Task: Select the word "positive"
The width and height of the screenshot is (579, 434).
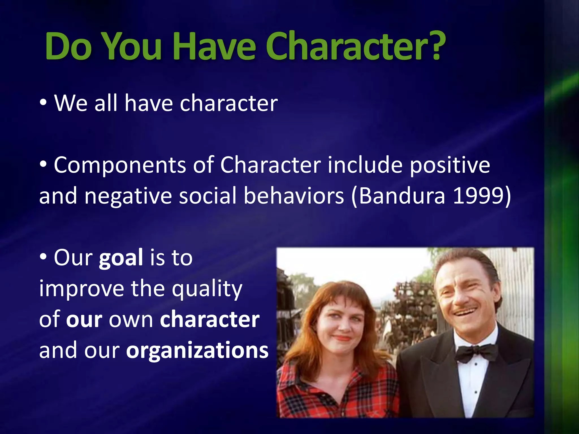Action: [x=450, y=165]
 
